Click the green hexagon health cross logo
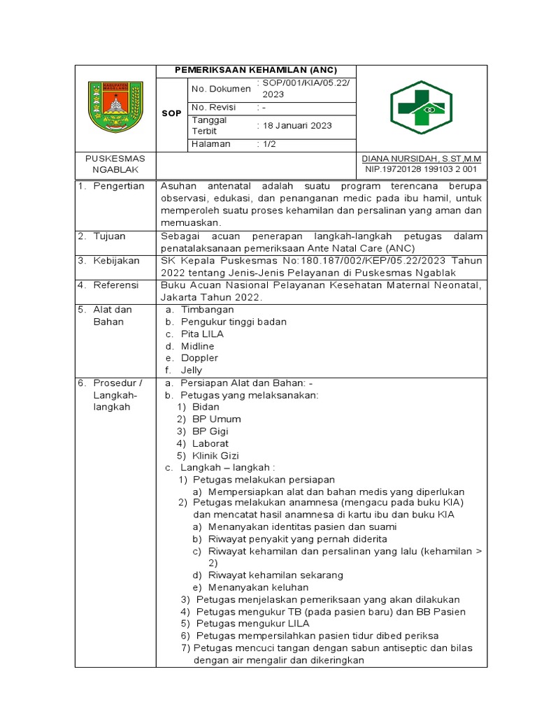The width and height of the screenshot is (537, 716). (421, 108)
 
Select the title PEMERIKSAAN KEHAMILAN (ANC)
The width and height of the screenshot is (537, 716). (256, 71)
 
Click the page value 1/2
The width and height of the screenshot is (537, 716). (270, 144)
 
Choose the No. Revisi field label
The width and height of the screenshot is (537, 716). (213, 108)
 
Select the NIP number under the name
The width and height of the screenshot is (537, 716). (421, 169)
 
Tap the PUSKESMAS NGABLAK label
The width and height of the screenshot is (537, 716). (116, 164)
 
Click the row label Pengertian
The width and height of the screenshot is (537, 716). (118, 186)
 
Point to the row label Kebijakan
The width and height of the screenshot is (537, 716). (116, 261)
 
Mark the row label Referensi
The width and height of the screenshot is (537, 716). (116, 285)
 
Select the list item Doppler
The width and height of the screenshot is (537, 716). (199, 358)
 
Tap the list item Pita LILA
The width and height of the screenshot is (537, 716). (202, 334)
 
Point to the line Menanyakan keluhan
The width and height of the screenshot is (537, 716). (258, 587)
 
